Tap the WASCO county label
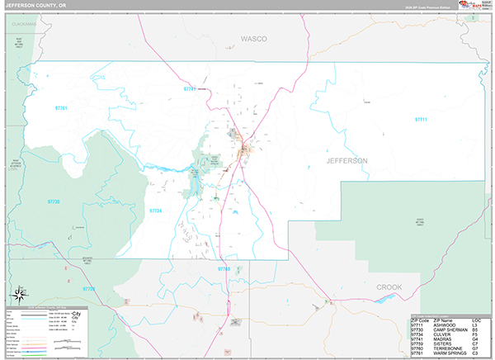(x=254, y=39)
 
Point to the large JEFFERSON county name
(x=347, y=160)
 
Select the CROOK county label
(x=389, y=287)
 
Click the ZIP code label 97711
(x=422, y=120)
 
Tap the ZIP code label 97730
(x=54, y=202)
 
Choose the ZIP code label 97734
(x=156, y=211)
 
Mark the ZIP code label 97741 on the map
(x=191, y=88)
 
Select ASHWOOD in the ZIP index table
(x=445, y=325)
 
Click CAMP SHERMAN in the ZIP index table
(x=450, y=330)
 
